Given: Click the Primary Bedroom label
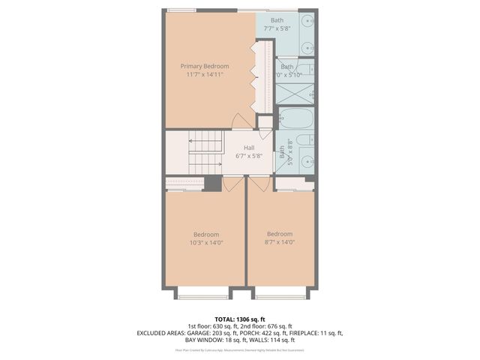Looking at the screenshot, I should [x=204, y=66].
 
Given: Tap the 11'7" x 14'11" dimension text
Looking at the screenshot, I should [x=204, y=75].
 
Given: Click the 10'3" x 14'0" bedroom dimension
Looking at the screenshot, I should [x=205, y=242].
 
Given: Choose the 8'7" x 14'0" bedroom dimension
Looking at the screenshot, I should [x=280, y=242].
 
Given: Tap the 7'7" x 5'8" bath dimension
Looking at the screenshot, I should [x=277, y=29].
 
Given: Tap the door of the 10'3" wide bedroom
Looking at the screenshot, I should [x=233, y=182].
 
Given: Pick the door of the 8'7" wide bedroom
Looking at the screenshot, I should [x=259, y=182].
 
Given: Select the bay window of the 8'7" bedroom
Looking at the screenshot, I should [x=280, y=294].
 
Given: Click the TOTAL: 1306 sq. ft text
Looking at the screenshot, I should [x=239, y=319].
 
